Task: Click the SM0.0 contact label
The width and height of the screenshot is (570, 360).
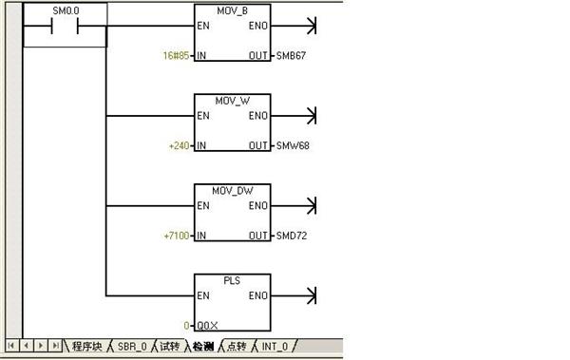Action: (66, 10)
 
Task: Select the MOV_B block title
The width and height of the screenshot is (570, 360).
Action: (233, 10)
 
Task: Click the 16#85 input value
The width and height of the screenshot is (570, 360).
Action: (176, 56)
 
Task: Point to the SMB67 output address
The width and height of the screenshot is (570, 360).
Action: (291, 56)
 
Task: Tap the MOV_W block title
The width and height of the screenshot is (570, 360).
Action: (233, 101)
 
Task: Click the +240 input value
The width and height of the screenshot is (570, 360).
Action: (180, 146)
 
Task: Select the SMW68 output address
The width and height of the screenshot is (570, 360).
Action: (293, 146)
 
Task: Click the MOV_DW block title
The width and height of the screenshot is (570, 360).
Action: (233, 191)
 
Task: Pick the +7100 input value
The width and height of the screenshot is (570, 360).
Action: (177, 236)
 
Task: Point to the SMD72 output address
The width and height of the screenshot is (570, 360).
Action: (292, 236)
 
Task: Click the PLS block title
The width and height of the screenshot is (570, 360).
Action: (232, 281)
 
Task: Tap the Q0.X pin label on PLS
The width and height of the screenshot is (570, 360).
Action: (207, 326)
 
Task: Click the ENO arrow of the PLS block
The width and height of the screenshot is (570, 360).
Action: (294, 295)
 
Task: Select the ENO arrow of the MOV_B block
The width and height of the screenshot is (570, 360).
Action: (294, 26)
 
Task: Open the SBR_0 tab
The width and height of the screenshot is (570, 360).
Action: (132, 347)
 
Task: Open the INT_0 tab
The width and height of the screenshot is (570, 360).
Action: (275, 347)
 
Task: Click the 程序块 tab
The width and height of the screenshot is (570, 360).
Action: (86, 346)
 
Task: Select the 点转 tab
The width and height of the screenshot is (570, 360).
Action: (237, 346)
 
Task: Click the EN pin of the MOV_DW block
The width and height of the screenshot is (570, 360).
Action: (203, 206)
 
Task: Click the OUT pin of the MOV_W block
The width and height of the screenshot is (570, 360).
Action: (258, 146)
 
